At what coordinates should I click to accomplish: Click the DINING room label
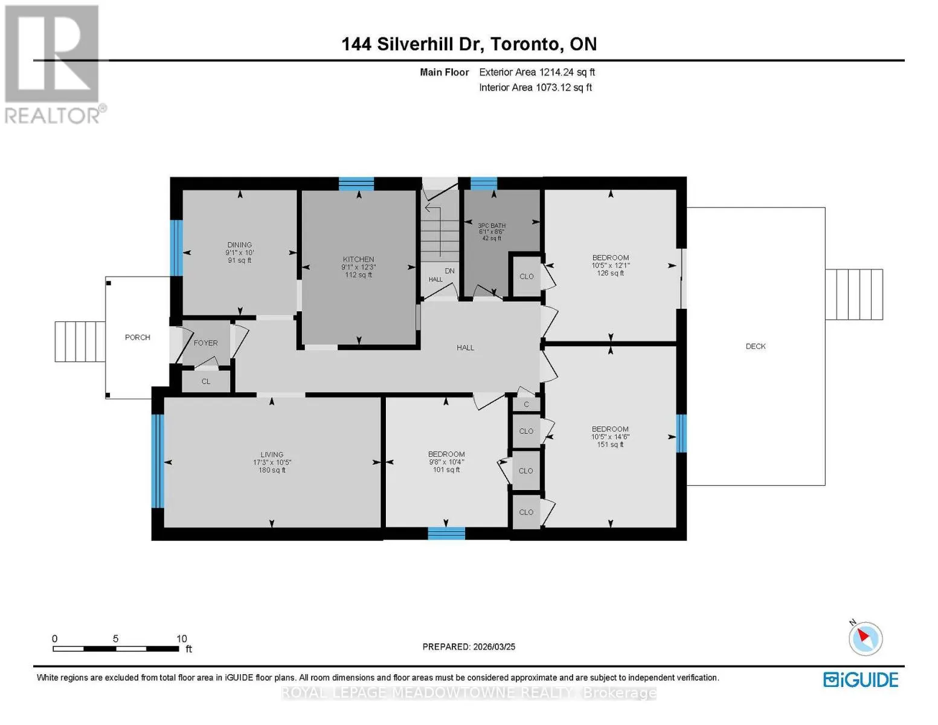pos(239,245)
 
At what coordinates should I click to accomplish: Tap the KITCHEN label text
pos(358,259)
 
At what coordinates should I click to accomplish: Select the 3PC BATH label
pos(492,225)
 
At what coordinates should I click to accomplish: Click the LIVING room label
pos(272,454)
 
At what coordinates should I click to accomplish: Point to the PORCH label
pos(138,337)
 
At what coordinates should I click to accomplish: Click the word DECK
pos(756,346)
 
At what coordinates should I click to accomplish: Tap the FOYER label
pos(205,343)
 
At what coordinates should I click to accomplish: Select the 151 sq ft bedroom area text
pos(611,444)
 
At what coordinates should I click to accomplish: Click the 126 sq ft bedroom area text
pos(611,273)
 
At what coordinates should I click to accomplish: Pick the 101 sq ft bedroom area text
pos(446,469)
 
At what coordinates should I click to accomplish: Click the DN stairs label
pos(450,271)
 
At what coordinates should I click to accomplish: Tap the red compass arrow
pos(863,636)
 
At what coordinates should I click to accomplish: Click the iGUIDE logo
pos(861,680)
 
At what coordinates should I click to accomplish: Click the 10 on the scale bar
pos(181,638)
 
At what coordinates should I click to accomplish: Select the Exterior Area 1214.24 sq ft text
pos(537,72)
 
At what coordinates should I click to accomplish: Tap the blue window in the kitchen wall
pos(356,184)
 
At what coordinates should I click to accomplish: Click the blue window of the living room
pos(158,461)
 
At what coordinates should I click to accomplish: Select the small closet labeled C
pos(526,404)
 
